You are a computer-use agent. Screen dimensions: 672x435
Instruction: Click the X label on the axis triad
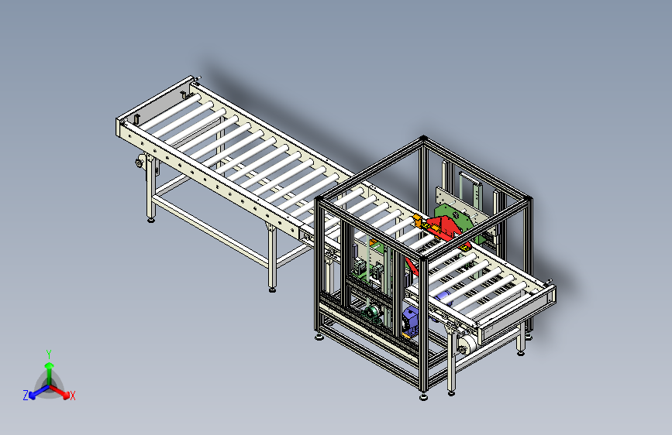click(72, 396)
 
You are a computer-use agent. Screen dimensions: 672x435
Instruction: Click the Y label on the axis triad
click(49, 355)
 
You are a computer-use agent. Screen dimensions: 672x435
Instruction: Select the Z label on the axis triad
click(26, 396)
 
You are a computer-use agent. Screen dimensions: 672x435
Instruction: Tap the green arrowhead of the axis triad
click(50, 365)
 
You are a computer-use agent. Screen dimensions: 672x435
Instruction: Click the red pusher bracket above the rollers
click(446, 228)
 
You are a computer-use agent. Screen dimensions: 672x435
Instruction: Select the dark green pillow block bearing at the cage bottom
click(373, 313)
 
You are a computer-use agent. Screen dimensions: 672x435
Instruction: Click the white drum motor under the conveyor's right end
click(467, 344)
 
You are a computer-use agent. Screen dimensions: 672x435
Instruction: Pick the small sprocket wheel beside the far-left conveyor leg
click(140, 163)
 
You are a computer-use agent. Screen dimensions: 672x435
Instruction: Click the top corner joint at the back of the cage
click(423, 139)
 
